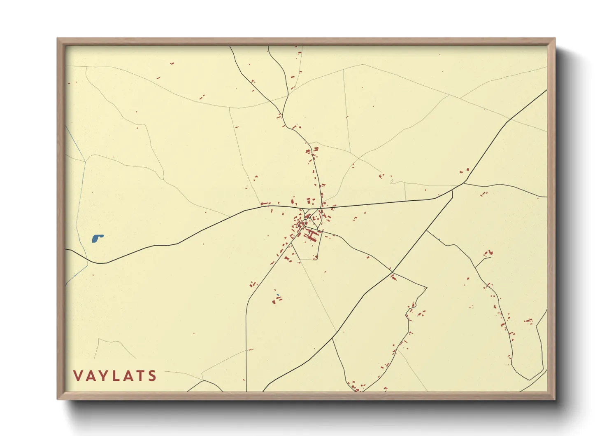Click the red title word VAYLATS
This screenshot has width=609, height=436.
coord(115,375)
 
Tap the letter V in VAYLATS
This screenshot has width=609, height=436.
coord(78,375)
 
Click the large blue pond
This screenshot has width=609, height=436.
coord(97,238)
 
